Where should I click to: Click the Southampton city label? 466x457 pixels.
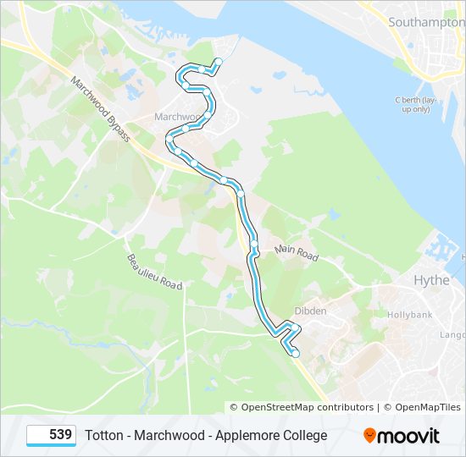[423, 23]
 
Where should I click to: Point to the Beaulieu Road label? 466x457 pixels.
[155, 272]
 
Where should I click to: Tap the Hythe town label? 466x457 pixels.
[431, 280]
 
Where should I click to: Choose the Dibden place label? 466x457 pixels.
[310, 311]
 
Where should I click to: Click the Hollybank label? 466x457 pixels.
[410, 314]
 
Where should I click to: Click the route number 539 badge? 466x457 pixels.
[52, 435]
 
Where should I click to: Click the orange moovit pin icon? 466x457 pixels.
[369, 435]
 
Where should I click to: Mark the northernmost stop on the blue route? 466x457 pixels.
[218, 61]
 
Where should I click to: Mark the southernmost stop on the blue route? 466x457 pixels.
[295, 354]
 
